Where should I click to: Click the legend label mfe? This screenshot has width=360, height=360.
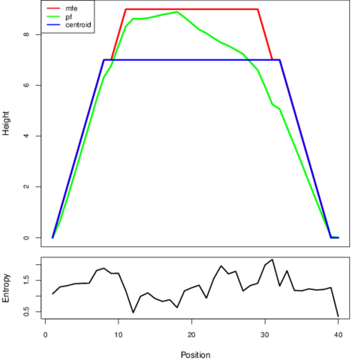click(x=71, y=9)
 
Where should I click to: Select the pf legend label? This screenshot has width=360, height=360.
click(x=68, y=17)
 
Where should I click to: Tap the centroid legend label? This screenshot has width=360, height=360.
click(x=78, y=25)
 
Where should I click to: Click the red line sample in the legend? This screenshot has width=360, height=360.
click(x=53, y=9)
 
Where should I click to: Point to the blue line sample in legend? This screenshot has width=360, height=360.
click(x=53, y=25)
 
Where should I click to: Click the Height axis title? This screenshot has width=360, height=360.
click(x=6, y=123)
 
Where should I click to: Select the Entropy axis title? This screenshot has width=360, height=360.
click(x=6, y=288)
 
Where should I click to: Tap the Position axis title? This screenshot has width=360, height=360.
click(x=195, y=355)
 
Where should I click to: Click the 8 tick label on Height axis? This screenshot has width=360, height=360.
click(x=26, y=34)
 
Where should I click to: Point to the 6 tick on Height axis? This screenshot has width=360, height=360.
click(x=26, y=85)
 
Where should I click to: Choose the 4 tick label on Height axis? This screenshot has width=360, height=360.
click(x=26, y=136)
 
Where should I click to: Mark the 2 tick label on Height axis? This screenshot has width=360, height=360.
click(x=26, y=187)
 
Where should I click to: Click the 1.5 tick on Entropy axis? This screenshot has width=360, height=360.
click(x=26, y=280)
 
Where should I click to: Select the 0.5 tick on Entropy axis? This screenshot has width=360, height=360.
click(x=26, y=312)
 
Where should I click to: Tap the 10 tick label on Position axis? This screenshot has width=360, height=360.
click(x=118, y=335)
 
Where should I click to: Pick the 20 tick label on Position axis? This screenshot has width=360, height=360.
click(x=191, y=335)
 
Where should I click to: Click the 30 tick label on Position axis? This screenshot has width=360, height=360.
click(x=265, y=335)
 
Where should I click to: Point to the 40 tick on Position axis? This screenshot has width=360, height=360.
click(x=338, y=335)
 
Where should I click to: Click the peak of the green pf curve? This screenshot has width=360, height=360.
click(x=177, y=12)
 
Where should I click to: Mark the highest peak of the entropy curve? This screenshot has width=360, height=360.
click(x=272, y=260)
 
